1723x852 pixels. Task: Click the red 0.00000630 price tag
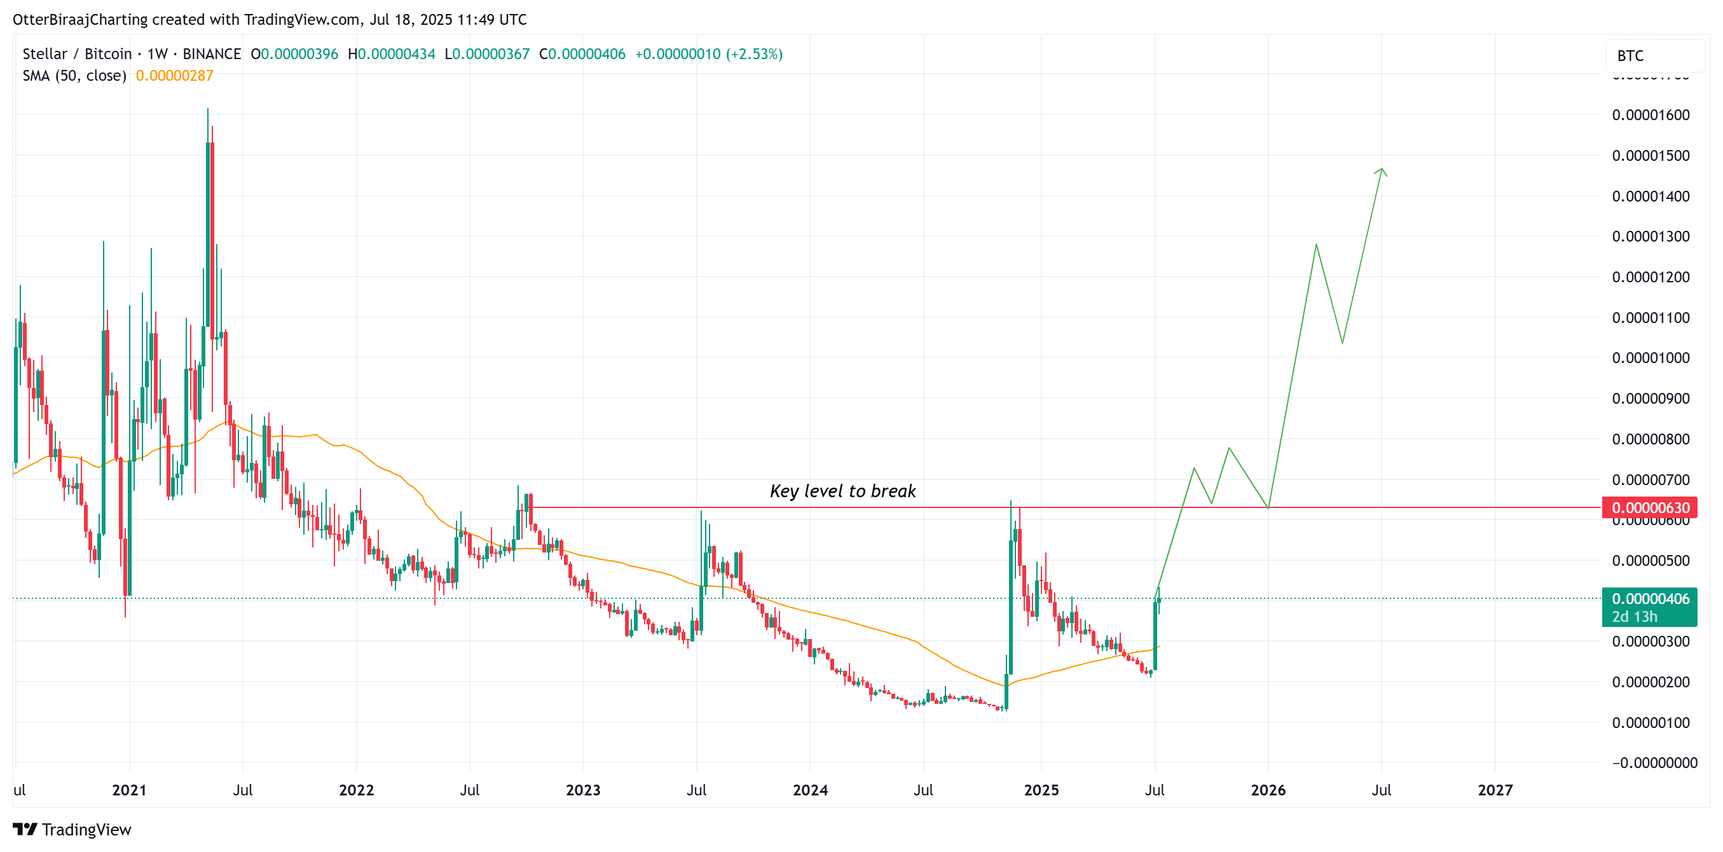pos(1649,507)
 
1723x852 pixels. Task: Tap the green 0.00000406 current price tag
pos(1649,598)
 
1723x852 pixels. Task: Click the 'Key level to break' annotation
pos(842,491)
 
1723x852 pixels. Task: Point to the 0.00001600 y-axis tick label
pos(1650,115)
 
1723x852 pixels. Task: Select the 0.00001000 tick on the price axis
pos(1650,358)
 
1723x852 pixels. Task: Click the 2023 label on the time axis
pos(582,790)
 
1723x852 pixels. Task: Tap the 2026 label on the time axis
pos(1268,790)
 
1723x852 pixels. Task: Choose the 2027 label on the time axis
pos(1494,790)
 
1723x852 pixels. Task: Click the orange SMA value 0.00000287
pos(175,76)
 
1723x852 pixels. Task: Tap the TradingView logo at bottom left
pos(72,829)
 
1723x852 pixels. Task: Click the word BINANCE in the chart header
pos(211,54)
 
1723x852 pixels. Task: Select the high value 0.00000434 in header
pos(396,54)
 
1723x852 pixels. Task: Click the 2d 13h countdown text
pos(1634,617)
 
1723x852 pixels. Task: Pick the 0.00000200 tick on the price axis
pos(1650,682)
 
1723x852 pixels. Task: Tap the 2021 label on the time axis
pos(129,790)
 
